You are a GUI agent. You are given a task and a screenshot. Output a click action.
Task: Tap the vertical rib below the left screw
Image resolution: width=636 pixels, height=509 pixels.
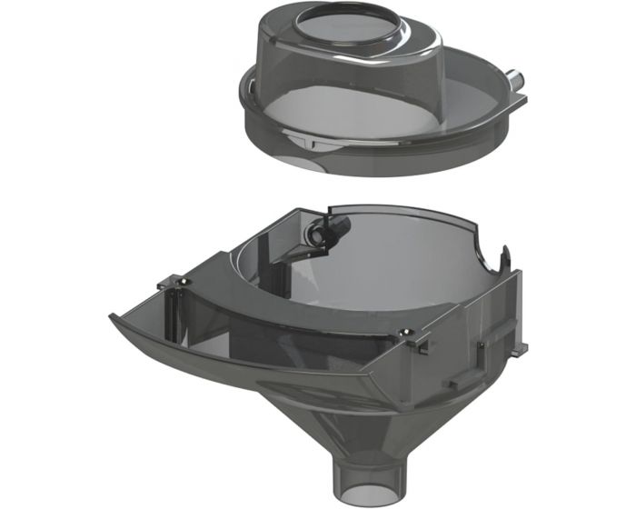click(176, 314)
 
